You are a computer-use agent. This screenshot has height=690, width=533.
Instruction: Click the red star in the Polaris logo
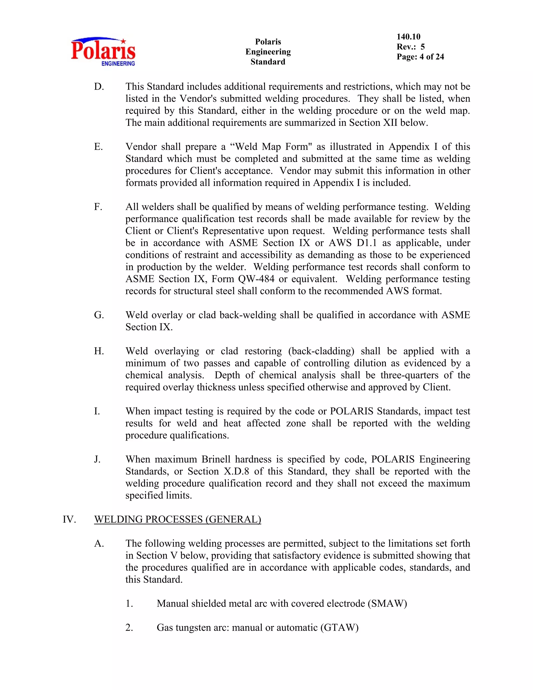(123, 41)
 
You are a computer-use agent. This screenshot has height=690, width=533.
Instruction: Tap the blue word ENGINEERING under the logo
(118, 64)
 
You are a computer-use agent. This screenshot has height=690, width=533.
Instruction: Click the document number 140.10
(409, 37)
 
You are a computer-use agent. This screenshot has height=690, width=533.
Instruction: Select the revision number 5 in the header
(422, 47)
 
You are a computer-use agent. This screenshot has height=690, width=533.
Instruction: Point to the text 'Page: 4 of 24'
(420, 57)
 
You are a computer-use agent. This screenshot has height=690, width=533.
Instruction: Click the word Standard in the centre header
(268, 62)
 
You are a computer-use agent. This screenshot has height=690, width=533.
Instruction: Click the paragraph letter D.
(99, 86)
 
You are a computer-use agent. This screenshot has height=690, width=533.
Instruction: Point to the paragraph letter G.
(99, 315)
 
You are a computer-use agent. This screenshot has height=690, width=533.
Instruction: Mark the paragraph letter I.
(97, 411)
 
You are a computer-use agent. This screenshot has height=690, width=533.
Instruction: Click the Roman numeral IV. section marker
(69, 519)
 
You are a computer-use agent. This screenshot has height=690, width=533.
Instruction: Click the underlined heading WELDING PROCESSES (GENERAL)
(177, 519)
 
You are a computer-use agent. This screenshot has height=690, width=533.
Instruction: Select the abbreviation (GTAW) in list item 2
(339, 628)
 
